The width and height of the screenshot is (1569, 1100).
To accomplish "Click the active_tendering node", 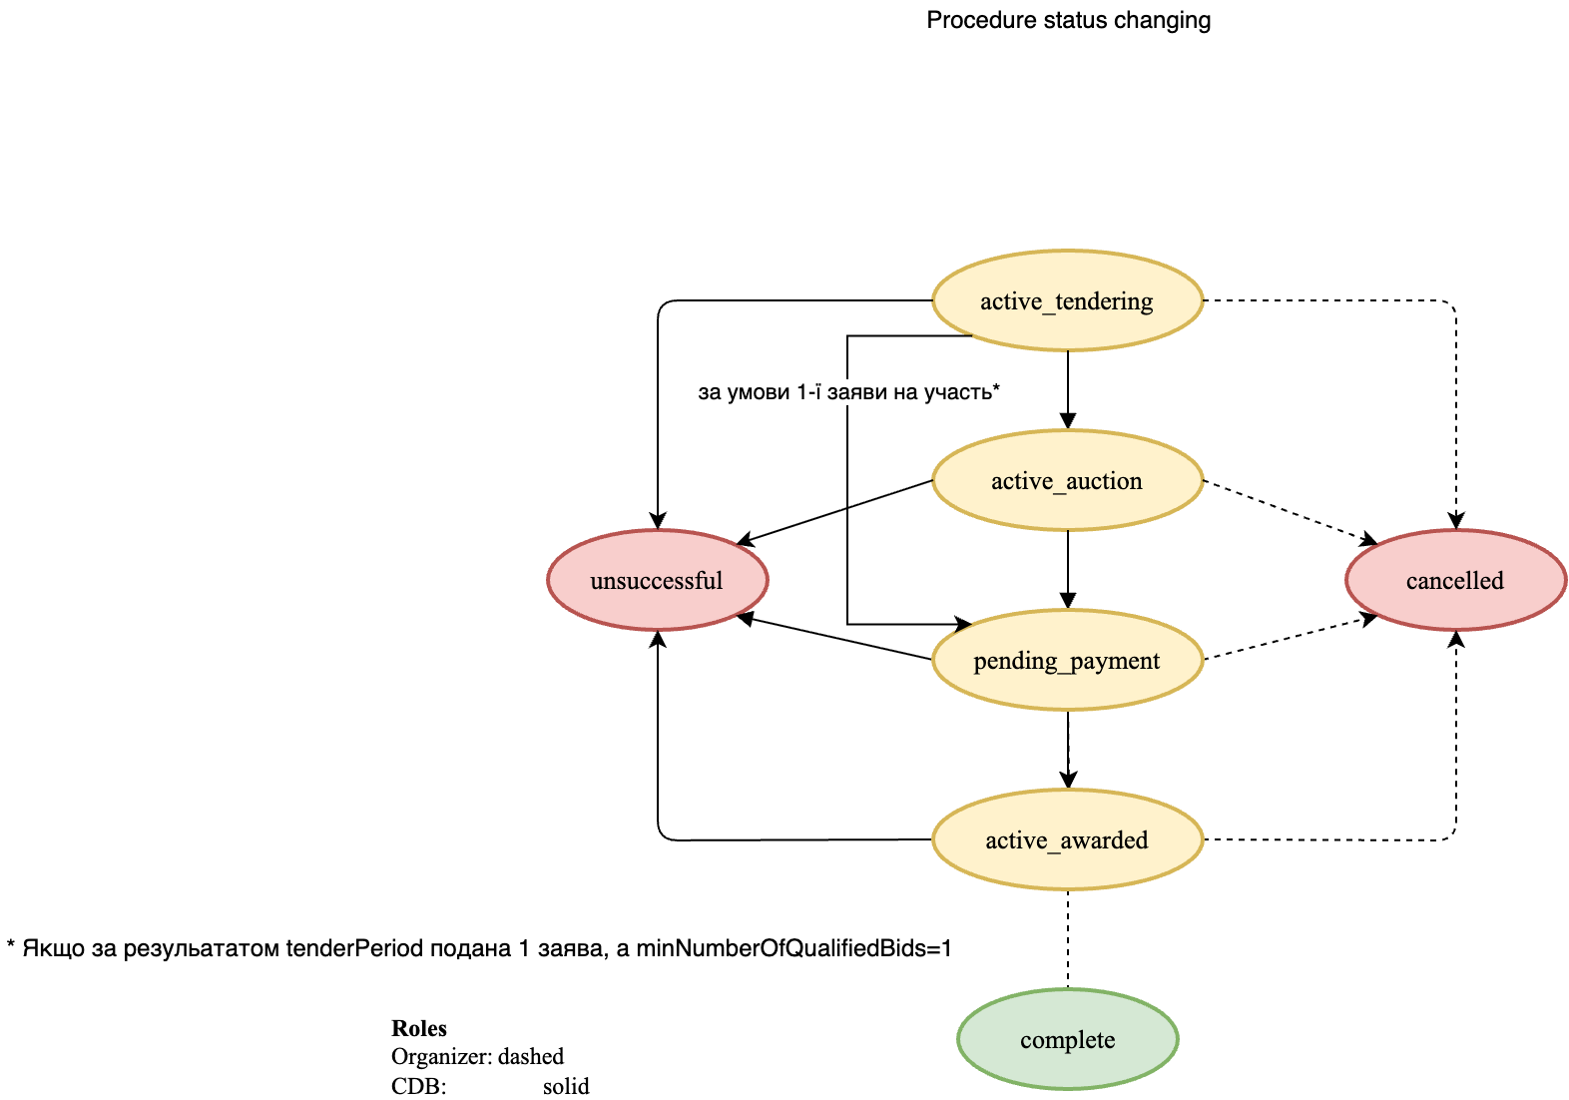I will (1067, 300).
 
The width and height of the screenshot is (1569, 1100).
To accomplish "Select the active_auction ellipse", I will (1067, 480).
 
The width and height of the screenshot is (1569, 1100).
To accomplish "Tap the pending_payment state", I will (1067, 660).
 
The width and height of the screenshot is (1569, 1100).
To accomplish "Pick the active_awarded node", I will (1067, 839).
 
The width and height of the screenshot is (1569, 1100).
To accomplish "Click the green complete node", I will (1067, 1039).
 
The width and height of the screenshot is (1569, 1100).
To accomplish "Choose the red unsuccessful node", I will (657, 580).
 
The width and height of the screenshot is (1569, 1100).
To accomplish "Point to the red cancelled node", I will (1455, 580).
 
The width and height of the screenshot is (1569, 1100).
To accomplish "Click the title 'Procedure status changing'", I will (1068, 20).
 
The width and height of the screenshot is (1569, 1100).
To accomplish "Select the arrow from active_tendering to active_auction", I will (1068, 389).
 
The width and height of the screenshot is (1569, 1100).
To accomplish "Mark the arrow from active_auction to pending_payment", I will (1068, 569).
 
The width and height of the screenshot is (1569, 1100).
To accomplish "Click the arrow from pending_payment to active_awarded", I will (1068, 749).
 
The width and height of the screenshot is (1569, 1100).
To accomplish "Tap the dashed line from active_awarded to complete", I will (1068, 938).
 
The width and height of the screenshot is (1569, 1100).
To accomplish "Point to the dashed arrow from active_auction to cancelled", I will (1288, 511).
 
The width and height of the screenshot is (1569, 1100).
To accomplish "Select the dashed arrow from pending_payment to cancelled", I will (1288, 639).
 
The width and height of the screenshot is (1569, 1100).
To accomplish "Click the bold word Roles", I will (419, 1028).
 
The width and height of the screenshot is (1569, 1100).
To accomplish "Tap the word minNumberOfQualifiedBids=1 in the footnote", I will (793, 947).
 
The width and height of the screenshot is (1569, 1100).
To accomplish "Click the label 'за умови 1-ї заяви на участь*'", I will (848, 392).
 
